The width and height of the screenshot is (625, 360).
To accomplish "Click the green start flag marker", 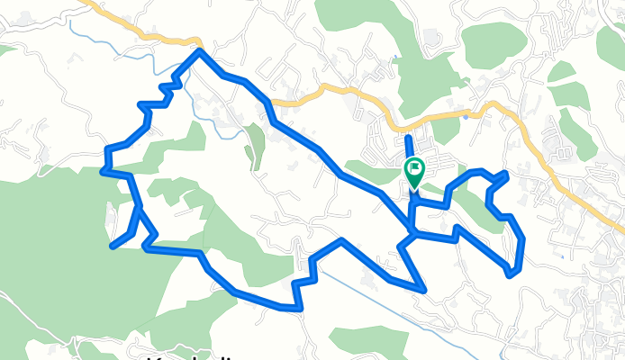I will pyautogui.click(x=415, y=172).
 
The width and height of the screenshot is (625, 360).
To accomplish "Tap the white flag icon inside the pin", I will pyautogui.click(x=415, y=166).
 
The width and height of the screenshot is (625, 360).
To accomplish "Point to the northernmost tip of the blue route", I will pyautogui.click(x=199, y=51).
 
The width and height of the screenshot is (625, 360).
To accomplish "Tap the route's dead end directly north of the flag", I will pyautogui.click(x=408, y=135).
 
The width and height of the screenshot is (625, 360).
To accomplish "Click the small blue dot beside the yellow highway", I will pyautogui.click(x=465, y=116).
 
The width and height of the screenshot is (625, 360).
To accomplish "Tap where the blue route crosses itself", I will pyautogui.click(x=412, y=235).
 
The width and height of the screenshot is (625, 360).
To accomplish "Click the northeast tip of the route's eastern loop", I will pyautogui.click(x=506, y=173).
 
